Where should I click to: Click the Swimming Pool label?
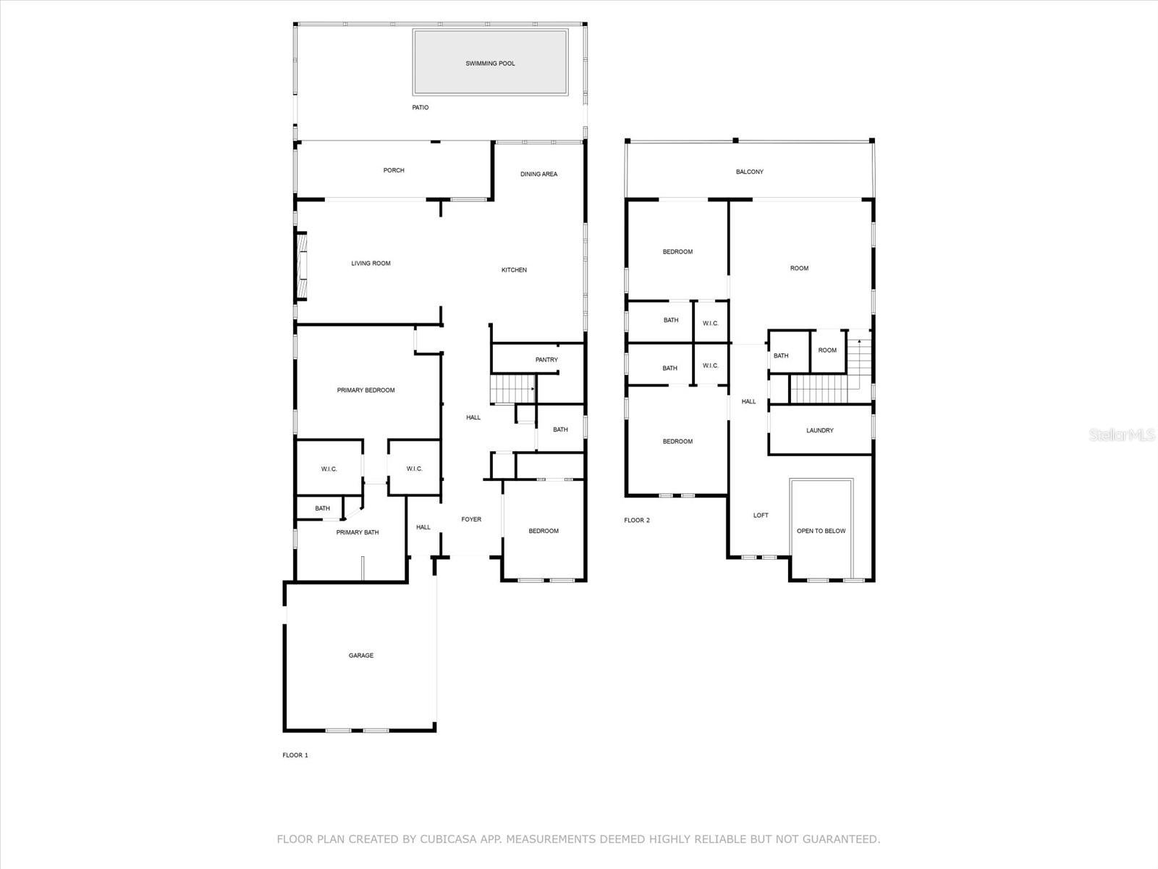pos(490,63)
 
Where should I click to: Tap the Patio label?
pos(420,108)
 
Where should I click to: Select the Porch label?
pos(394,170)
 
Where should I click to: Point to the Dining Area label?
pos(538,174)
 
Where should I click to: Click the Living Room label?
pos(371,264)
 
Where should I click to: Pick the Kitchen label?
pos(514,270)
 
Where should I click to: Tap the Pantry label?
pos(546,360)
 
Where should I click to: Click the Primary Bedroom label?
pos(365,390)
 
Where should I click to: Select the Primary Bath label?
pos(357,532)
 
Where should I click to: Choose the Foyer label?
pos(471,519)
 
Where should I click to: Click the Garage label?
pos(361,655)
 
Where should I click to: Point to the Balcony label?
pos(750,172)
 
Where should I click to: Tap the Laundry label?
pos(820,431)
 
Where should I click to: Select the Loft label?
pos(761,516)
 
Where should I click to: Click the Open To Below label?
pos(821,531)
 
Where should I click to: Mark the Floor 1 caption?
pos(295,755)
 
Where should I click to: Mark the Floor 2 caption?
pos(637,520)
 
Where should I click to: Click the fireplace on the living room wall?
pos(301,266)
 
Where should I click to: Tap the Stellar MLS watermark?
pos(1122,434)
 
